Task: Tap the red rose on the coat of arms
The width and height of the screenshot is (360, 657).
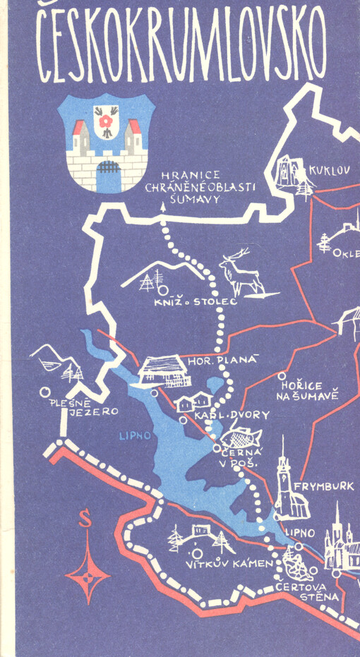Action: (x=107, y=123)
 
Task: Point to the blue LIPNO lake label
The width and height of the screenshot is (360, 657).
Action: (x=133, y=435)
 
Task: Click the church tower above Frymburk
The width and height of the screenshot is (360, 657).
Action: (x=284, y=469)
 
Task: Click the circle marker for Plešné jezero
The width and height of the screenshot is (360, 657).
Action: (x=44, y=391)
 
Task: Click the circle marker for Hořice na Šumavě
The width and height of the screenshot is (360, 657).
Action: (x=282, y=377)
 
